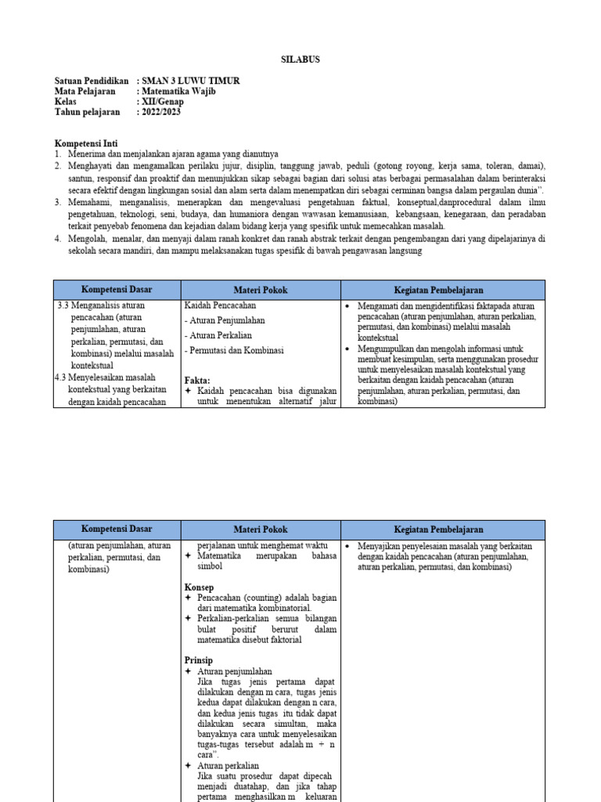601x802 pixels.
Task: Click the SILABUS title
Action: (300, 60)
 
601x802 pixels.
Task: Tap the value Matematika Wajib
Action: (179, 92)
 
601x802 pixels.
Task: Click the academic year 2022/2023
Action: (162, 112)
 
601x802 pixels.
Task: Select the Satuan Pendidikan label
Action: (92, 81)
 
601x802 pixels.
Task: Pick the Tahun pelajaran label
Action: (88, 112)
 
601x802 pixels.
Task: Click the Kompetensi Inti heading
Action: (85, 144)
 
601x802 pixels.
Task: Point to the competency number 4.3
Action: (61, 378)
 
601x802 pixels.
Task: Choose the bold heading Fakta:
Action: (197, 381)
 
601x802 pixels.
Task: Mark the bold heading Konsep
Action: (199, 587)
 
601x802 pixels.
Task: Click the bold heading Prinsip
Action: (198, 660)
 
